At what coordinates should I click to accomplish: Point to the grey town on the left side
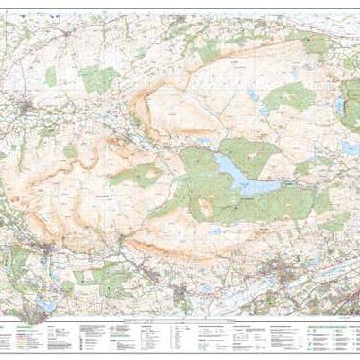click(x=28, y=107)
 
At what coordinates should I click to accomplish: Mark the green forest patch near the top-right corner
click(x=317, y=43)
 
